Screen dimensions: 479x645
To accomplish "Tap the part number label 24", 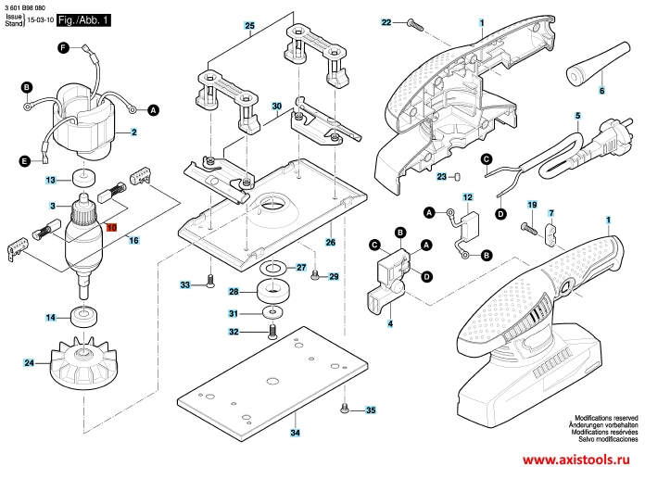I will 29,362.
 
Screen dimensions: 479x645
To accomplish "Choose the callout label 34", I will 295,433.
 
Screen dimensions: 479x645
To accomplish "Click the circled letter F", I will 64,47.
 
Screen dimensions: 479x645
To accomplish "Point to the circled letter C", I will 374,245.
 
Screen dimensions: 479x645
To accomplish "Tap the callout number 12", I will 467,197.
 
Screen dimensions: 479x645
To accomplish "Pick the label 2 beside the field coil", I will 133,132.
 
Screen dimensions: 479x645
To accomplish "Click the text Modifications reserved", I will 605,419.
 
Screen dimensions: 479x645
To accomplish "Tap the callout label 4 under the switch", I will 390,323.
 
